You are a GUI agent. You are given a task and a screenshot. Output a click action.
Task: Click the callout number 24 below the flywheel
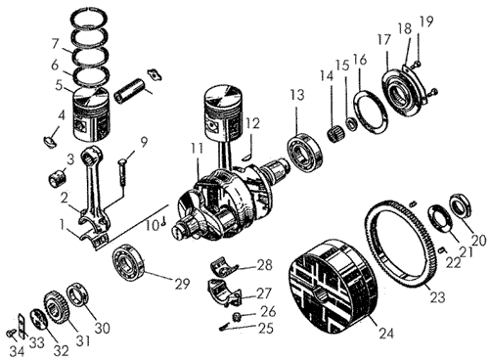coord(386,334)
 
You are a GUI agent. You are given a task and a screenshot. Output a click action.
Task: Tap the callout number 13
coord(297,95)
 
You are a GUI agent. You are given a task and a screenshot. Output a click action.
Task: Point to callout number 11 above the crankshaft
coord(197,149)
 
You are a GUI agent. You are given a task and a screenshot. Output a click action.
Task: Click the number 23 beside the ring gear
coord(437,297)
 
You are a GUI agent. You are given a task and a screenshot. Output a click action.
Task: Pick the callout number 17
coord(384,40)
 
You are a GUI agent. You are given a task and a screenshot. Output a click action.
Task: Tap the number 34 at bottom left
coord(17,351)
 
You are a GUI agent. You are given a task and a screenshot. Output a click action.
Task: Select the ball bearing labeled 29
coord(129,262)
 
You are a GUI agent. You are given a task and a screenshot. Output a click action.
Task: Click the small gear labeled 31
coord(56,307)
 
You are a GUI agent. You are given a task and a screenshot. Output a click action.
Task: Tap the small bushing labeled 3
coord(58,178)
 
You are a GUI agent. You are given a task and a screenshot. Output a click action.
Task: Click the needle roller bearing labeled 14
coord(335,134)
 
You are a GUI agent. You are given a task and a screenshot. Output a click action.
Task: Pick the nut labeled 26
coord(237,316)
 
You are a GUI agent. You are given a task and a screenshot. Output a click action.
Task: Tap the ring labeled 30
coord(79,295)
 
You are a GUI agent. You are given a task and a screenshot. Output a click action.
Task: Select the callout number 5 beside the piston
coord(59,85)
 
